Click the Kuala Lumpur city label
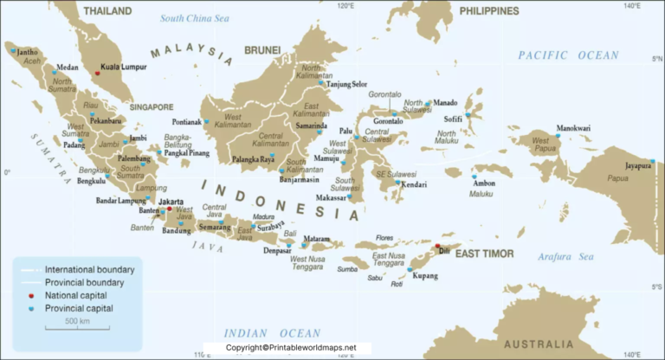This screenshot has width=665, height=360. (x=121, y=66)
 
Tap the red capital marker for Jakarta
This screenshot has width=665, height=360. (x=170, y=209)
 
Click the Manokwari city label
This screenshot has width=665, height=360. (x=573, y=128)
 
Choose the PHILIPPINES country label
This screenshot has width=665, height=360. (x=489, y=11)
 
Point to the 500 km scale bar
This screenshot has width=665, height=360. (x=78, y=325)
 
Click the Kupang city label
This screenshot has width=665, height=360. (x=425, y=275)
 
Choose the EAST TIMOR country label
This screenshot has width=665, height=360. (x=484, y=254)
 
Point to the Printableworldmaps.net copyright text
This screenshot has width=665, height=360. (x=290, y=348)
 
